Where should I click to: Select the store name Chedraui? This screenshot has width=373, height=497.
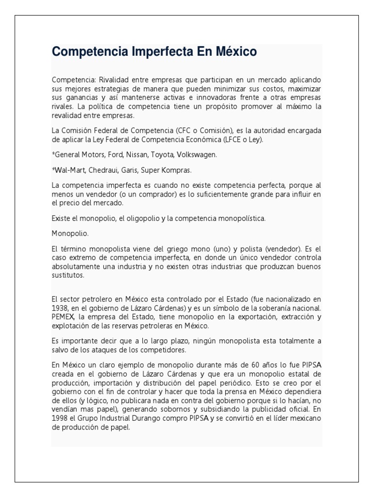[104, 170]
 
